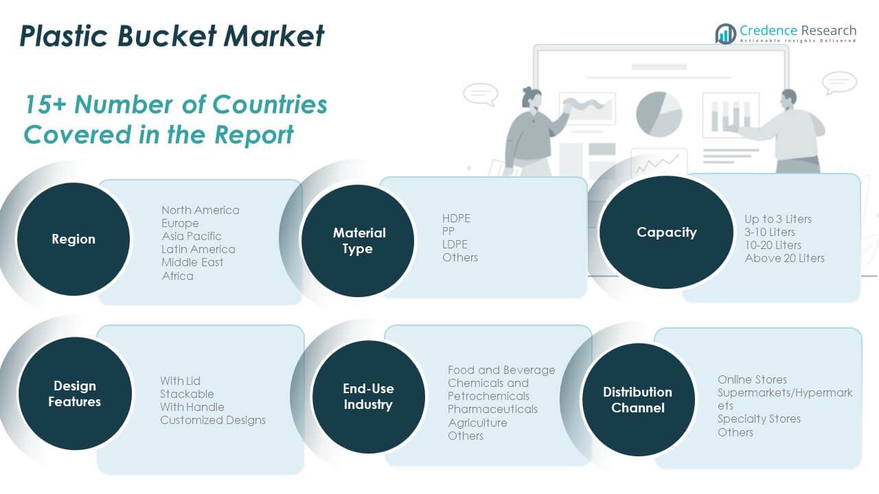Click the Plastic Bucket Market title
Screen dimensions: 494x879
click(x=172, y=36)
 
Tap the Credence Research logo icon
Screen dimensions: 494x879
click(x=725, y=34)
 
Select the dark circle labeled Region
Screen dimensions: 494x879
click(x=73, y=239)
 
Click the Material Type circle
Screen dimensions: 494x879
click(x=358, y=241)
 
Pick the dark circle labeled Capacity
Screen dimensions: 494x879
click(x=666, y=233)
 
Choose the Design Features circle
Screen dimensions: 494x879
click(x=74, y=394)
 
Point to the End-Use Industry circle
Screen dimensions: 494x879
click(x=368, y=397)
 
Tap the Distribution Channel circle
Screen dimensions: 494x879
click(x=638, y=400)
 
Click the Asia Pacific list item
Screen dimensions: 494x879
click(x=192, y=236)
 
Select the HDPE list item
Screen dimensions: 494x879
click(x=456, y=218)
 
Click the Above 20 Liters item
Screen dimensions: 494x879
click(x=784, y=258)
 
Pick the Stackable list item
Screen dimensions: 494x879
click(x=187, y=394)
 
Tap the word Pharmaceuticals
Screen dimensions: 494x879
click(x=492, y=409)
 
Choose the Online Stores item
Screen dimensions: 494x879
click(x=752, y=379)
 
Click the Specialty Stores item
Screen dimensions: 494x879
click(x=759, y=419)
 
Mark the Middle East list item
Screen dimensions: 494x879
click(x=192, y=262)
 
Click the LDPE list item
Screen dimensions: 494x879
click(x=455, y=244)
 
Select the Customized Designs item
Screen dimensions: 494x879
click(x=213, y=420)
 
